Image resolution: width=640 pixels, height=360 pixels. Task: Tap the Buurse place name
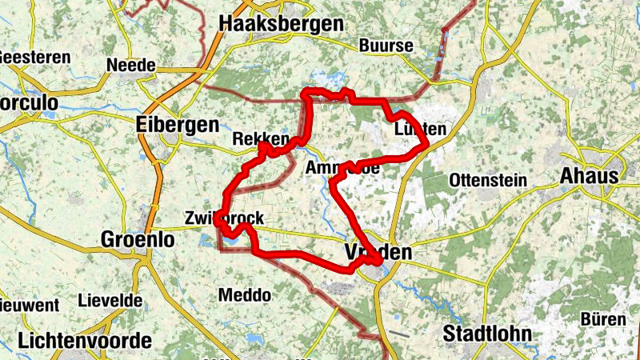pos(386,46)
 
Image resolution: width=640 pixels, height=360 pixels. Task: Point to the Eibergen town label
pos(177,125)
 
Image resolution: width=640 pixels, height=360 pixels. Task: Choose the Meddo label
pos(244,295)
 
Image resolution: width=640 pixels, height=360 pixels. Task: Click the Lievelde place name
pos(110,302)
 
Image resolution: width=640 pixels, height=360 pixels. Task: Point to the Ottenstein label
pos(488,180)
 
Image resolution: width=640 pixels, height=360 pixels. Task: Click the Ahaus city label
pos(590,176)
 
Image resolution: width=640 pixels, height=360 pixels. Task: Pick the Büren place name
pos(602,319)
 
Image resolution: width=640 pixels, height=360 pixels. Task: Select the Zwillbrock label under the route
pos(223,218)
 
